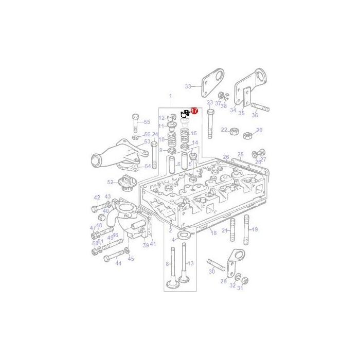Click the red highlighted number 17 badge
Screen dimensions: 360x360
pyautogui.click(x=194, y=111)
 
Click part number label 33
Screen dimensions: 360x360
pyautogui.click(x=188, y=86)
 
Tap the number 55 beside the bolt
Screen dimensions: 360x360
pyautogui.click(x=147, y=122)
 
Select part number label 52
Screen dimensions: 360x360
pyautogui.click(x=110, y=182)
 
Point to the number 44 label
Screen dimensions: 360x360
pyautogui.click(x=118, y=263)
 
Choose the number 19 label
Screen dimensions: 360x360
pyautogui.click(x=255, y=229)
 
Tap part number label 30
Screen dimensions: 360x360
pyautogui.click(x=211, y=272)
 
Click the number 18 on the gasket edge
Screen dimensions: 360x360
pyautogui.click(x=213, y=233)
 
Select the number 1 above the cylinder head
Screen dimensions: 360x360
pyautogui.click(x=171, y=96)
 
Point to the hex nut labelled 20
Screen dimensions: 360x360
pyautogui.click(x=246, y=135)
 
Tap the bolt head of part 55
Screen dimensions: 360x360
pyautogui.click(x=135, y=116)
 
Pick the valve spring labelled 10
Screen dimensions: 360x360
pyautogui.click(x=170, y=139)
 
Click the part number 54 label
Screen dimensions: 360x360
pyautogui.click(x=148, y=166)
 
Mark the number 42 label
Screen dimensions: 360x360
pyautogui.click(x=97, y=197)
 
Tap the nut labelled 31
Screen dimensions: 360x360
pyautogui.click(x=245, y=281)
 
